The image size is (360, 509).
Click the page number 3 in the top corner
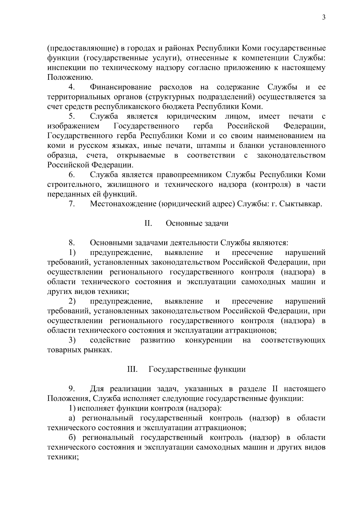[323, 17]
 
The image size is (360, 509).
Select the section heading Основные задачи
[197, 223]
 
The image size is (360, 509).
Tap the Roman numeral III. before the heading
[132, 369]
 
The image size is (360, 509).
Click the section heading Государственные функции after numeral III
[197, 369]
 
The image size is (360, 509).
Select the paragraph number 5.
[72, 116]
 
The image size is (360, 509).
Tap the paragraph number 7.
[72, 204]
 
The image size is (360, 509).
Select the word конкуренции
[209, 340]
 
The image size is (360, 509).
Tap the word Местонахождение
[123, 204]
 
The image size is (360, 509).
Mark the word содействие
[110, 340]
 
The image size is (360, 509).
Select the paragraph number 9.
[71, 389]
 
